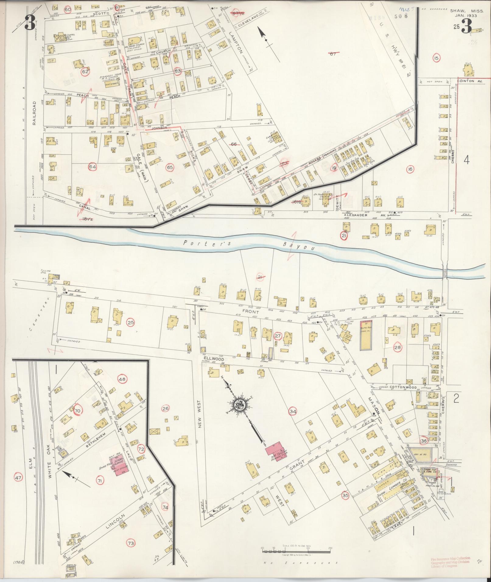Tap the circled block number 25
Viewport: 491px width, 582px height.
tap(131, 322)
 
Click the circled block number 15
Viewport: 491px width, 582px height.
tap(437, 58)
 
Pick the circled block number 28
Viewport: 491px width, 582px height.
tap(398, 347)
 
